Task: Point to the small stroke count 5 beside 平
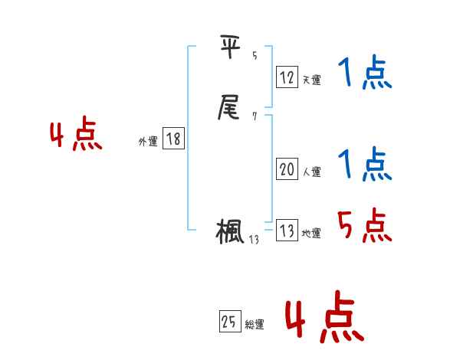254,56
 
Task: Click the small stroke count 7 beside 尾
254,116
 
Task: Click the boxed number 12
287,77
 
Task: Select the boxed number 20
287,170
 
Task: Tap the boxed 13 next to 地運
287,231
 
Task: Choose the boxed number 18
173,139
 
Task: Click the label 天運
311,80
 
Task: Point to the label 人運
311,172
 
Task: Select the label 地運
311,234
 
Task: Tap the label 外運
148,141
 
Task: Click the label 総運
255,325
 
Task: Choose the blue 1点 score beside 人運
365,165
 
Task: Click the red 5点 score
365,225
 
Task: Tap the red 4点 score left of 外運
76,136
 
